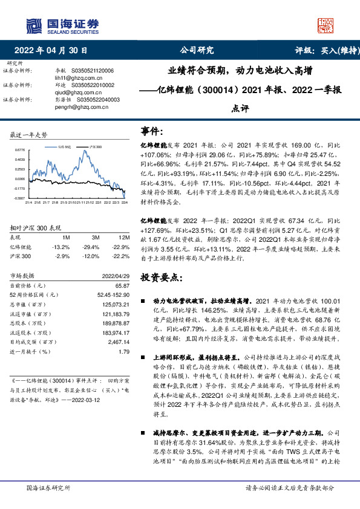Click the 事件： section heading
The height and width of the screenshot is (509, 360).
(x=152, y=131)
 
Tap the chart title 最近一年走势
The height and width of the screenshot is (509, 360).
(x=29, y=134)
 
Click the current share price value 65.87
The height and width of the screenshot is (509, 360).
(x=123, y=285)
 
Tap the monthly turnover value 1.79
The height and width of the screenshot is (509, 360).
(x=125, y=351)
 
